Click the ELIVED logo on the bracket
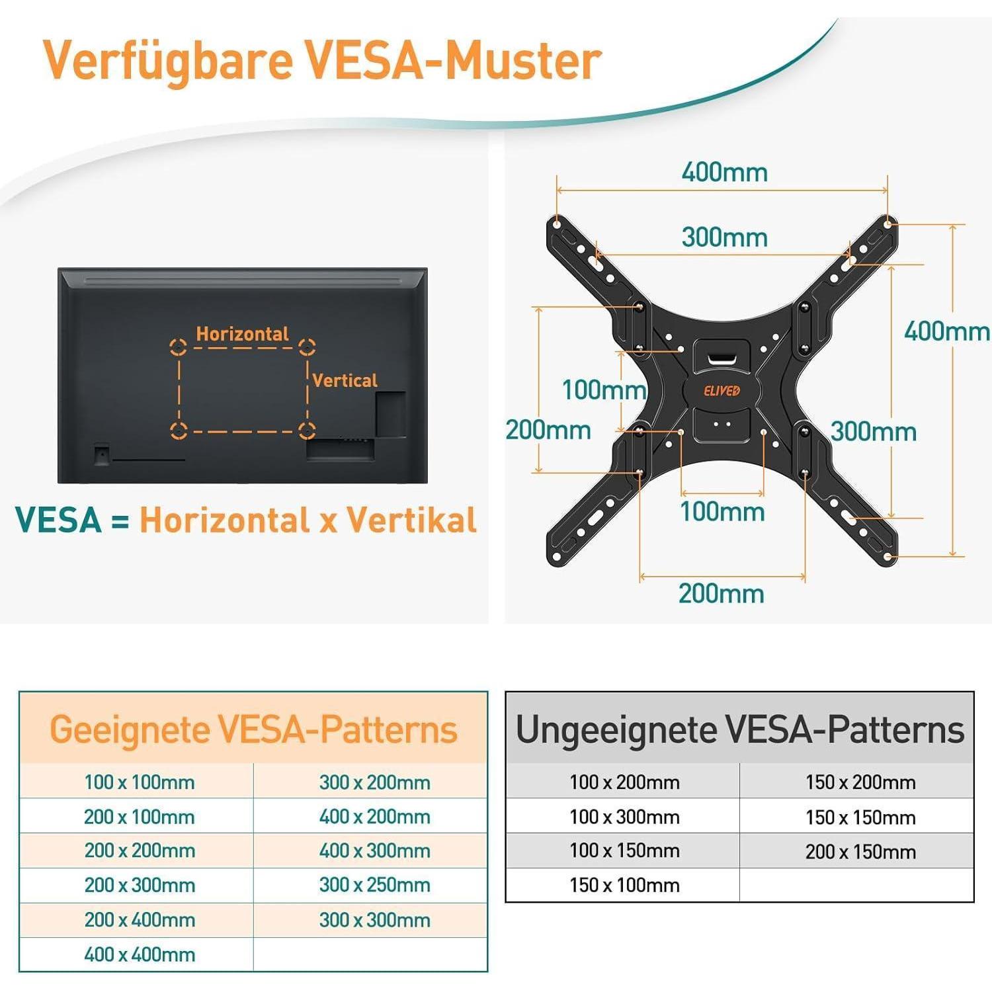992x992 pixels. coord(722,390)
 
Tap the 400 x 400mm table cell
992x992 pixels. coord(140,954)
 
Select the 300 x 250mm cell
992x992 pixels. coord(374,885)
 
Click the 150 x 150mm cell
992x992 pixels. coord(860,817)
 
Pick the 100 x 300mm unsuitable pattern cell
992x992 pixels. coord(624,817)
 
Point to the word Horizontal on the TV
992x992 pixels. coord(242,334)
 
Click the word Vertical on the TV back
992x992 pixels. coord(345,380)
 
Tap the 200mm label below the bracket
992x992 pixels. coord(722,593)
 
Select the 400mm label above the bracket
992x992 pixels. coord(725,173)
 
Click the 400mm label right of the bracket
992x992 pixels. coord(946,331)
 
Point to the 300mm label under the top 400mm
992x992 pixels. coord(725,237)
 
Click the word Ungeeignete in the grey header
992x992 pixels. coord(616,730)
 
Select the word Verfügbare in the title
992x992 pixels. coord(168,61)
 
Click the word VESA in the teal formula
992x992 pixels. coord(58,520)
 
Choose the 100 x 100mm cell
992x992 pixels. coord(140,782)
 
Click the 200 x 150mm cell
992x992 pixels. coord(860,852)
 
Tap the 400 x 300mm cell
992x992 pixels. coord(374,850)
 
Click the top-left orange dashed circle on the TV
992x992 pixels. coord(178,347)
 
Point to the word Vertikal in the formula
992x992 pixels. coord(411,520)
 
